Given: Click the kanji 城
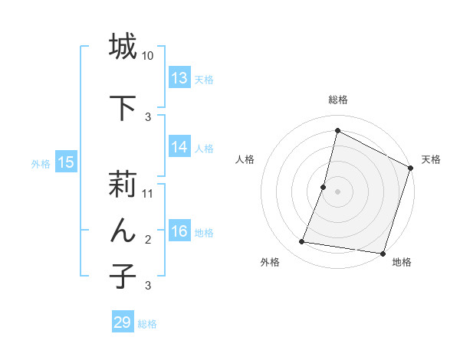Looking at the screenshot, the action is (123, 47).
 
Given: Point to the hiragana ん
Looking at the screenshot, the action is (123, 230).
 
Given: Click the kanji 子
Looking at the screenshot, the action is (123, 276).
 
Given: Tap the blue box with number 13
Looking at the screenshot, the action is (179, 78).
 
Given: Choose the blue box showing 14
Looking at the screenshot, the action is (179, 147).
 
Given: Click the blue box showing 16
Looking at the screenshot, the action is (179, 231).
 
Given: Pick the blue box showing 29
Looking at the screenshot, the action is (123, 322).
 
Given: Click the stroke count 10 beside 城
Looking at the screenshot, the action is (148, 56).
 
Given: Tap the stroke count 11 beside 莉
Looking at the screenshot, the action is (148, 194).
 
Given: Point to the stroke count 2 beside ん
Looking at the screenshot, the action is (148, 240).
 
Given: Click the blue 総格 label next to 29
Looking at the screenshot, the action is (147, 324).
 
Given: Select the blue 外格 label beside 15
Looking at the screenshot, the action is (41, 163).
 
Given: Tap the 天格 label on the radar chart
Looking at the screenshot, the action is (431, 159).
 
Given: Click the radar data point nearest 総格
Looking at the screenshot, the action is (337, 130).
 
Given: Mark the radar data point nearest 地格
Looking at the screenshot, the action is (381, 253).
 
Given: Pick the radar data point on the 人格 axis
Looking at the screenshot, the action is (324, 187).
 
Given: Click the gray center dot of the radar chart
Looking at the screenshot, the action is (337, 191).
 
